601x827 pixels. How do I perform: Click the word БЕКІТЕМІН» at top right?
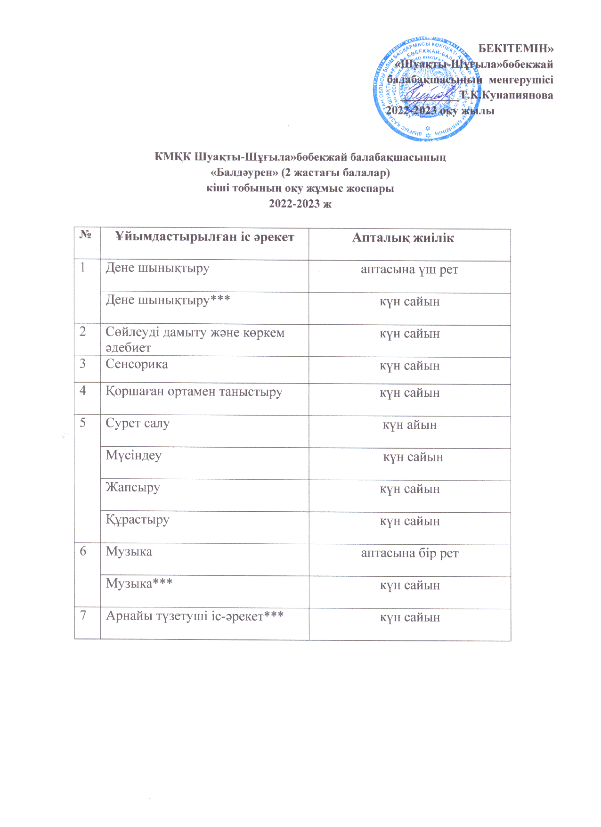click(516, 49)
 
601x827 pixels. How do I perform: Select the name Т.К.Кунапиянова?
click(506, 95)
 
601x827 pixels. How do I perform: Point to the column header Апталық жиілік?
click(403, 238)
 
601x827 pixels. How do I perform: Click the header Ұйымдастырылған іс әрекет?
click(205, 237)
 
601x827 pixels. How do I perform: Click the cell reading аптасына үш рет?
click(409, 270)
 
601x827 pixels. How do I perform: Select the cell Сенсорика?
click(137, 364)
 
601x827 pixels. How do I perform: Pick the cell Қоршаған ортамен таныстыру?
click(194, 392)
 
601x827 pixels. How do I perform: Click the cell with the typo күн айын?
click(409, 425)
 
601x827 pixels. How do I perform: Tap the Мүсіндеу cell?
click(133, 456)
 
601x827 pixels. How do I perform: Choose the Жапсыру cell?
click(133, 487)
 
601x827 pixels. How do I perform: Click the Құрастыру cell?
click(138, 520)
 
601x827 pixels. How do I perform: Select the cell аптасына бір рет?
click(409, 553)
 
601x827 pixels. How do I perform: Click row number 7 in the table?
click(83, 615)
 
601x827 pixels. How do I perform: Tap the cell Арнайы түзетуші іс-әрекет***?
click(195, 616)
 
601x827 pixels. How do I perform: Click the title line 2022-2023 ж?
click(300, 204)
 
